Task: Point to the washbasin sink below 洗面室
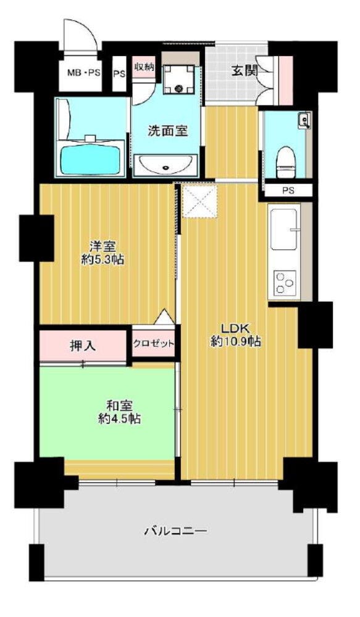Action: tap(166, 165)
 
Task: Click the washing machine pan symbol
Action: tap(179, 80)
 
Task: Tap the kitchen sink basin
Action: tap(283, 229)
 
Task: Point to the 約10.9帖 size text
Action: tap(235, 342)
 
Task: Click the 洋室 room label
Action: tap(102, 247)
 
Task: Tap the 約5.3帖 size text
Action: tap(103, 260)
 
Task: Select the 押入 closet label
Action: tap(83, 346)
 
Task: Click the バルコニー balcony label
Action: tap(175, 532)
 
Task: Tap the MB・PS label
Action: tap(83, 73)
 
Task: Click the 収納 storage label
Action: tap(143, 67)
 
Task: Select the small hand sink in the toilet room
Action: tap(305, 120)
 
